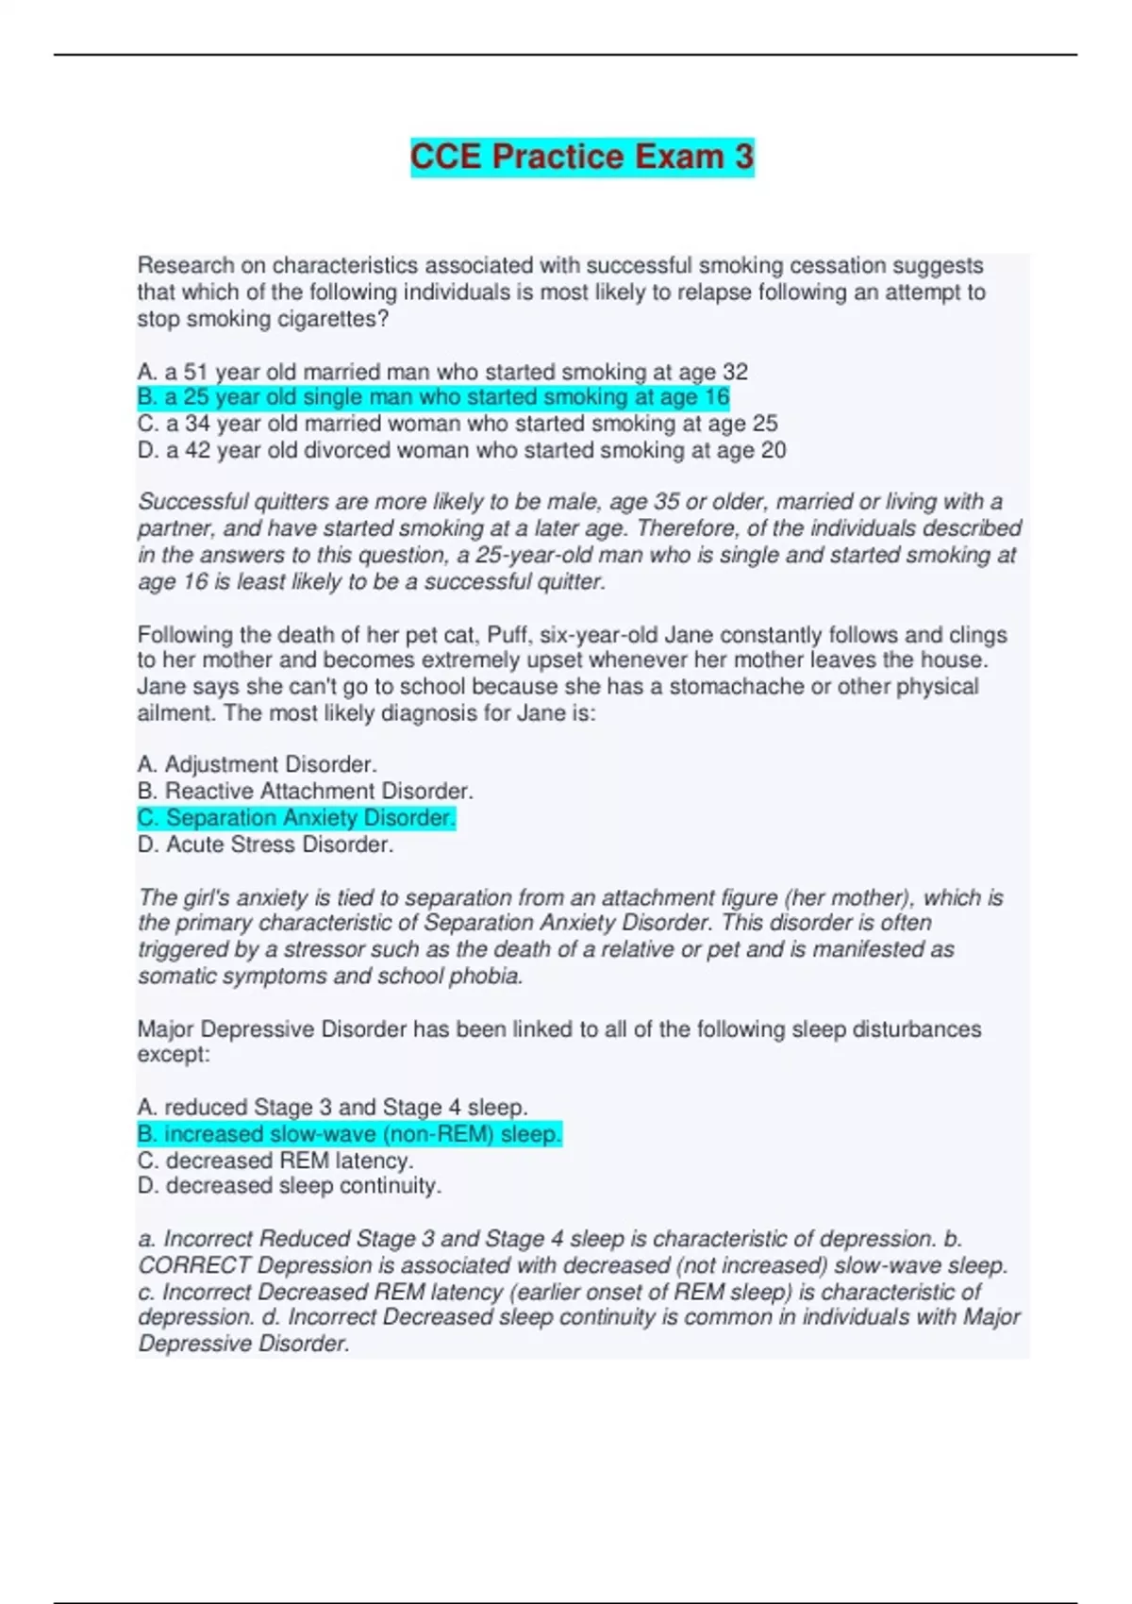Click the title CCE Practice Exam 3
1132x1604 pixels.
[582, 157]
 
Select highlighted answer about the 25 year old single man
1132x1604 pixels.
[433, 397]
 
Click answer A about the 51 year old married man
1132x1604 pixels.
[442, 372]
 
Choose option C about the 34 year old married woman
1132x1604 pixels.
[458, 424]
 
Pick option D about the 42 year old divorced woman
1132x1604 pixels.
[461, 450]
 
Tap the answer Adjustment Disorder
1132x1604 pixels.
[257, 764]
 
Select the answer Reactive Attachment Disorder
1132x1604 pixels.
[305, 791]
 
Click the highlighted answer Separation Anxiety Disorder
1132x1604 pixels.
[296, 817]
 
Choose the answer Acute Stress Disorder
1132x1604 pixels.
[265, 844]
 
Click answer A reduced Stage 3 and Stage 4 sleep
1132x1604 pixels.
[332, 1107]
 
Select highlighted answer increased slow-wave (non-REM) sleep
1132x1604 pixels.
[349, 1133]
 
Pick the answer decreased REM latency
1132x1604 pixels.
[275, 1161]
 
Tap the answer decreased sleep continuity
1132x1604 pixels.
[289, 1186]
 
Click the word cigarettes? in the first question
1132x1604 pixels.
[333, 319]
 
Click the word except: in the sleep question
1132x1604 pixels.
[174, 1055]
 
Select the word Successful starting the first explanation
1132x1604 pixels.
[191, 502]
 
